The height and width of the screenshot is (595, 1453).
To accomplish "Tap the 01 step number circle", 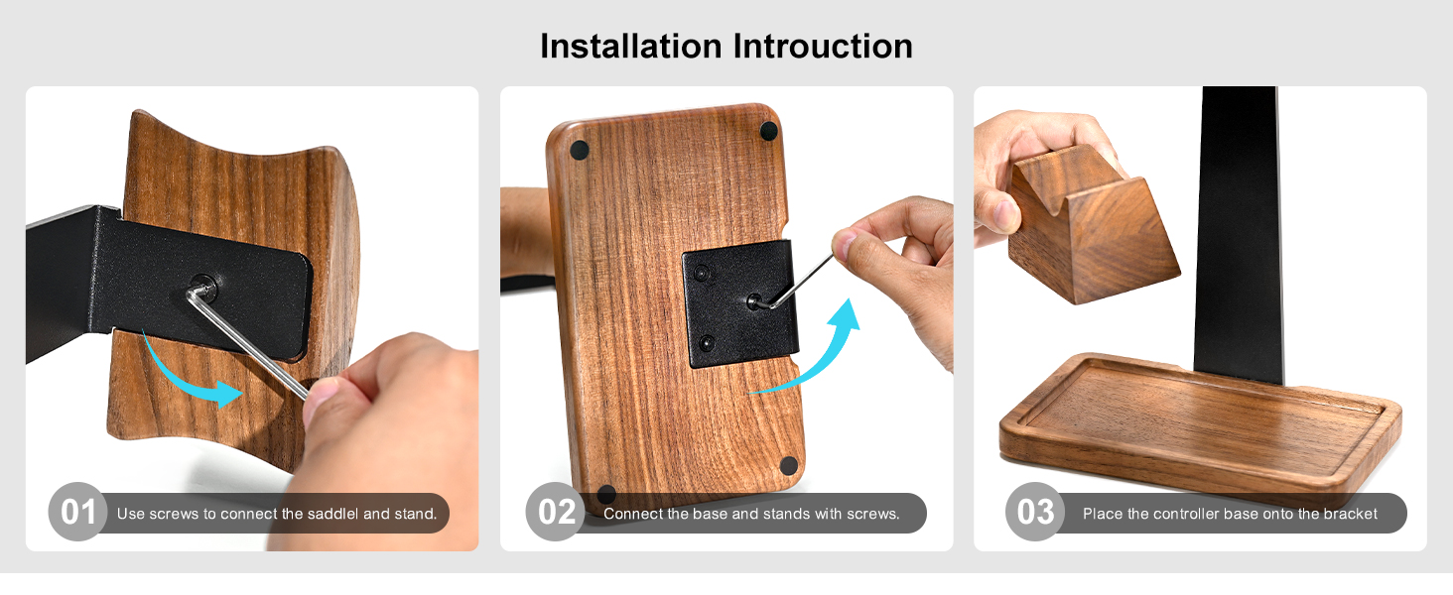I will [x=76, y=513].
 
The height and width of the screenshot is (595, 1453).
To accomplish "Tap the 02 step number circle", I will [x=556, y=513].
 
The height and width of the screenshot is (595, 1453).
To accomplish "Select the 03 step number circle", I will [x=1035, y=513].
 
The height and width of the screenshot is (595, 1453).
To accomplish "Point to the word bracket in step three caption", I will [x=1347, y=514].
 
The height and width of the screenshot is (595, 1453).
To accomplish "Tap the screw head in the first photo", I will [x=203, y=287].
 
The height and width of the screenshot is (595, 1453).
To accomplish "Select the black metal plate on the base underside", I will [x=739, y=302].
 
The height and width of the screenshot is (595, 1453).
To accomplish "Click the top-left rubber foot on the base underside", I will [x=580, y=150].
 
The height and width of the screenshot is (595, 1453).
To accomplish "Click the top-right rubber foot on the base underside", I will [x=768, y=130].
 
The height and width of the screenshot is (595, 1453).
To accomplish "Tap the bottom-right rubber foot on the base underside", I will [x=789, y=465].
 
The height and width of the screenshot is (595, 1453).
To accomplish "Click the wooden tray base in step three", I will [x=1191, y=426].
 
